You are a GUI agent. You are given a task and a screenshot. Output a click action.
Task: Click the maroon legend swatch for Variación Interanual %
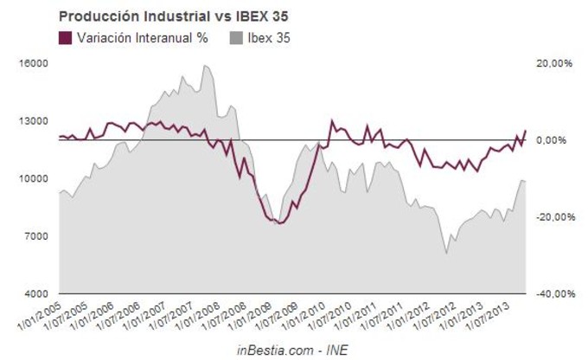[65, 38]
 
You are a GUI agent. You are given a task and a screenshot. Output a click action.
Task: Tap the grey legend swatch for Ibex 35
[236, 38]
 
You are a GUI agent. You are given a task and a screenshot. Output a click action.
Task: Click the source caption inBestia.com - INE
[291, 349]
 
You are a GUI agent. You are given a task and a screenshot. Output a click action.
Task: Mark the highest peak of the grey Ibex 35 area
[205, 66]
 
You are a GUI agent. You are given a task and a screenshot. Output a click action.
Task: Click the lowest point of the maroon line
[279, 223]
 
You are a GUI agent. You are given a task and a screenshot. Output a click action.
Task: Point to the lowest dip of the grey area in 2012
[446, 253]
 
